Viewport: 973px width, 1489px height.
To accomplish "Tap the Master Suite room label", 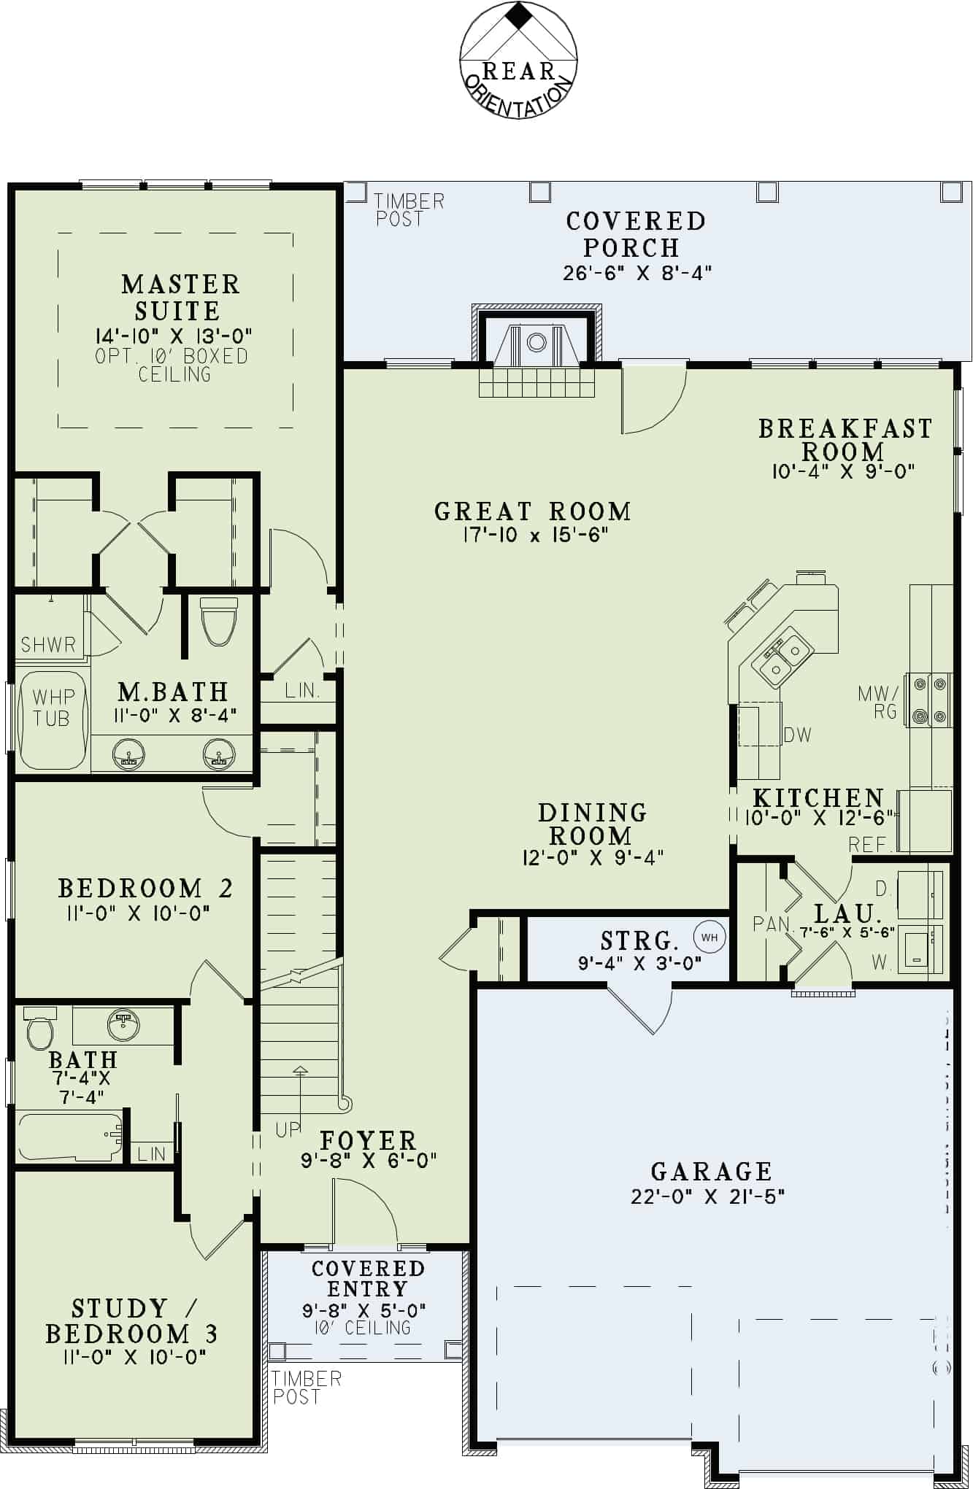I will click(180, 297).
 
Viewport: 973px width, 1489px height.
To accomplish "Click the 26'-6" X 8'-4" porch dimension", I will click(637, 273).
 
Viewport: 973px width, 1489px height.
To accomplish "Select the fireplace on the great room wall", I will click(537, 343).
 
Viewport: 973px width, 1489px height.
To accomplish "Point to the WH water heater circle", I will click(709, 937).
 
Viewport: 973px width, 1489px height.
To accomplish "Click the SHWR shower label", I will click(48, 645).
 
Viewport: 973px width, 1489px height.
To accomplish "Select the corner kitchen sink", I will click(780, 658).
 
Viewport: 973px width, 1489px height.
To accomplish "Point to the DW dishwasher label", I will click(797, 735).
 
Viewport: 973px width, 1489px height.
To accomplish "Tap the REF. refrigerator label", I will click(871, 845).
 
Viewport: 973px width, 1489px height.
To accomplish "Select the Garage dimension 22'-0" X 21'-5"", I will click(707, 1196).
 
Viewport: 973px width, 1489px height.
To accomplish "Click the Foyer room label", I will click(368, 1140).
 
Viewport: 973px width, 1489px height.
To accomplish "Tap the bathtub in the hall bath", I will click(70, 1136).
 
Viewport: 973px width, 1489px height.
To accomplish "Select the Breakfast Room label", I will click(845, 439).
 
